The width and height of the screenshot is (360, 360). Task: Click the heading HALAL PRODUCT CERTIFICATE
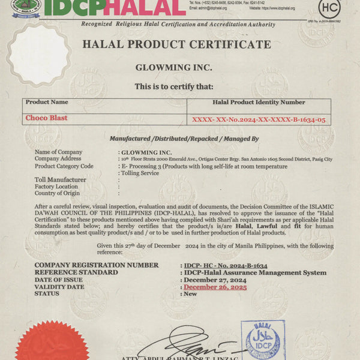[x=176, y=44]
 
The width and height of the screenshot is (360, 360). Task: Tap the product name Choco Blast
[x=46, y=118]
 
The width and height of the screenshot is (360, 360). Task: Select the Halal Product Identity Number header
[x=259, y=103]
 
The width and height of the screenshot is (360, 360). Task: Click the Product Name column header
[x=47, y=103]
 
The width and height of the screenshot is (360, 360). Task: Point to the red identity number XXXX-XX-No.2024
[x=259, y=120]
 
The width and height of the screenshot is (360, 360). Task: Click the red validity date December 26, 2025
[x=215, y=287]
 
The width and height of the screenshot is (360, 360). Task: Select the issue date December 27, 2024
[x=215, y=280]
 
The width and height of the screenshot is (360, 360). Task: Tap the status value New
[x=191, y=294]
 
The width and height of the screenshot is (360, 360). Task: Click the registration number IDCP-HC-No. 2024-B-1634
[x=225, y=265]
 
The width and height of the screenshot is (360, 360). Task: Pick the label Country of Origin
[x=58, y=193]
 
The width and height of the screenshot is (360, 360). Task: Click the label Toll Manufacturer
[x=60, y=179]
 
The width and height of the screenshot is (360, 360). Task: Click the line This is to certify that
[x=173, y=86]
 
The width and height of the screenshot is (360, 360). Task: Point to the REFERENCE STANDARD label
[x=78, y=272]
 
